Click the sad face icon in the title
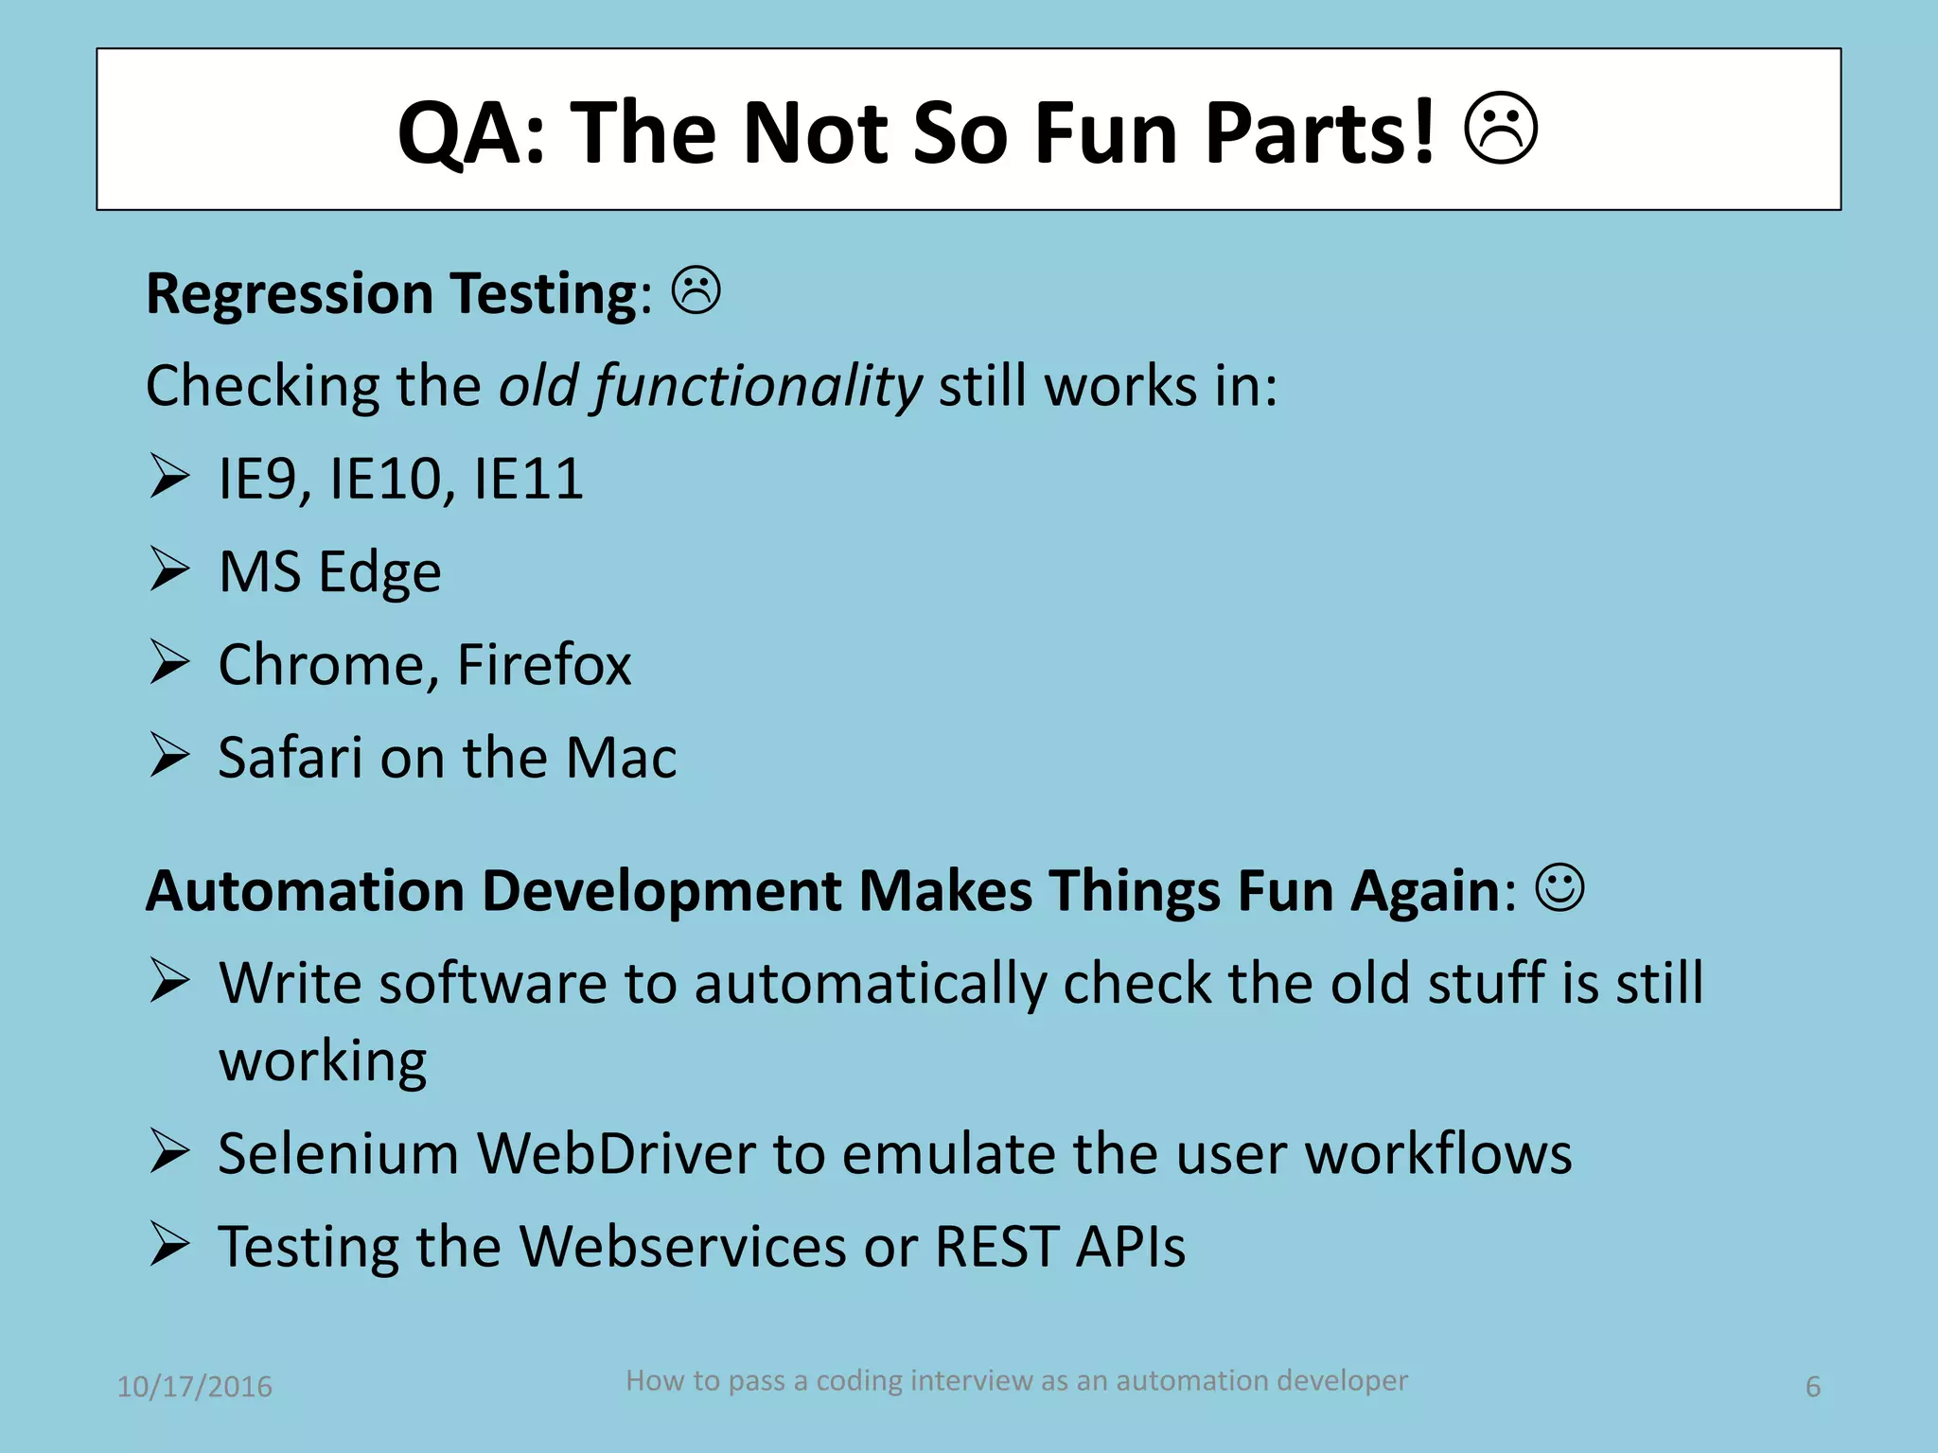pos(1501,130)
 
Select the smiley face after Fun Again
pos(1559,888)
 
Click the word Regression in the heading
pos(290,293)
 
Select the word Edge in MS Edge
pos(379,572)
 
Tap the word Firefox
pos(543,664)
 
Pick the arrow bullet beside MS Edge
pos(169,569)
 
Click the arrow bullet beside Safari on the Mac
pos(169,756)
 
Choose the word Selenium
pos(338,1153)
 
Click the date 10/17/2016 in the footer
pos(194,1387)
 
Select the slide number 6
pos(1813,1387)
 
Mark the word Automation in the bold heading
pos(305,891)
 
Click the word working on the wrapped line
pos(323,1061)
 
